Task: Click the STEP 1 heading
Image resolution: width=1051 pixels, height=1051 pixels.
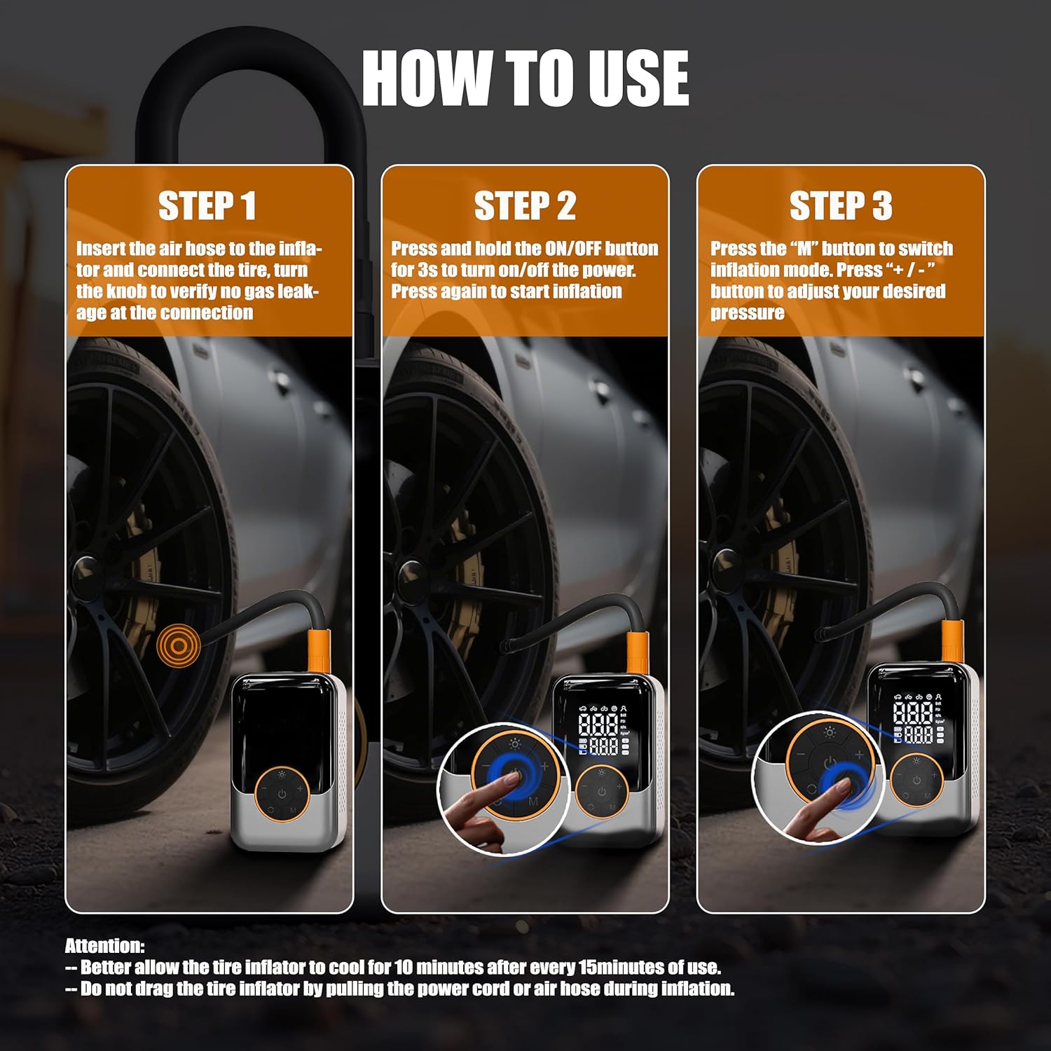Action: coord(207,206)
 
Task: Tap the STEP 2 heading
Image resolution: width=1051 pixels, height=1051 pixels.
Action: coord(525,206)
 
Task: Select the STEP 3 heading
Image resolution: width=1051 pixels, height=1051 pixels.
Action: coord(841,206)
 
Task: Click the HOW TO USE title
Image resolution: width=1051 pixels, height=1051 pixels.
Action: coord(525,78)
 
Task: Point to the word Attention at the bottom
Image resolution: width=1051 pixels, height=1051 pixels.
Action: coord(105,946)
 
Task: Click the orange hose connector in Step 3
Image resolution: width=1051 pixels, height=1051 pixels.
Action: coord(952,641)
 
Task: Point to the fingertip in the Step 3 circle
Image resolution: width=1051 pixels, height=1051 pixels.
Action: coord(839,790)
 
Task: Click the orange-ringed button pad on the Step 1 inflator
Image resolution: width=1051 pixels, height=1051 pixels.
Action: coord(282,794)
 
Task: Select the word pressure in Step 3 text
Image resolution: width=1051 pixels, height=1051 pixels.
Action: coord(748,312)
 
